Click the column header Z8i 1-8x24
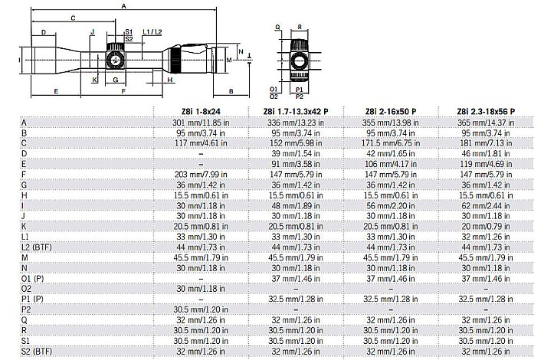coord(201,112)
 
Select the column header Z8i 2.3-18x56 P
coord(486,112)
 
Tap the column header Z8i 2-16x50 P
coord(391,112)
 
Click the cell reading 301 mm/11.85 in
coord(201,123)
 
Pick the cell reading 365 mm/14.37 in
coord(486,123)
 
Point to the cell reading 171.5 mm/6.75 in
coord(391,143)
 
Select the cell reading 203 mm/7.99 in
coord(201,175)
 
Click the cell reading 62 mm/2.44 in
coord(486,206)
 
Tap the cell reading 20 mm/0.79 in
coord(486,227)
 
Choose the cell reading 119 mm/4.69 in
coord(486,164)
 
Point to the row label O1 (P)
coord(32,279)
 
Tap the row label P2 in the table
coord(26,309)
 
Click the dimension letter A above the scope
coord(124,6)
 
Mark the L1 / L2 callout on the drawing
coord(152,32)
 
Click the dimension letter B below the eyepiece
coord(231,92)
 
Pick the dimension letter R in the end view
coord(300,27)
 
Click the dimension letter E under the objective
coord(56,92)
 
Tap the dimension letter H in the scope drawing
coord(170,80)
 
